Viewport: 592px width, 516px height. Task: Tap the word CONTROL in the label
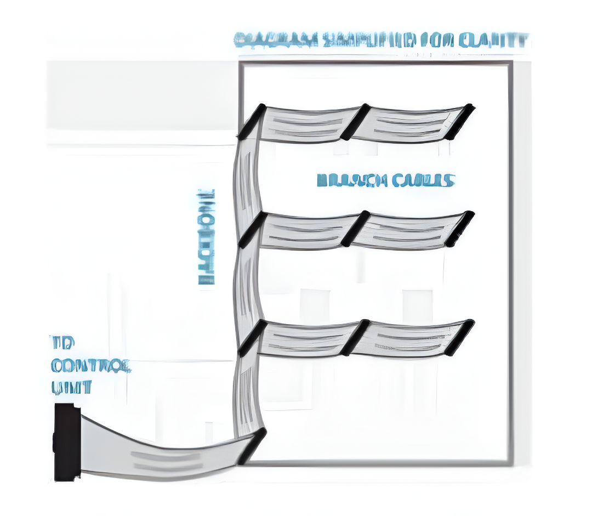coord(91,366)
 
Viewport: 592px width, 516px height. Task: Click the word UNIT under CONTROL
coord(71,388)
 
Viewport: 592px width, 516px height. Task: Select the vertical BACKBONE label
coord(206,237)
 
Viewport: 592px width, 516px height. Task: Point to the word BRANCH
coord(345,180)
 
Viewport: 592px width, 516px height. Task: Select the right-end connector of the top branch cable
coord(460,121)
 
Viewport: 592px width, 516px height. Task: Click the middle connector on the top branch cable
coord(355,121)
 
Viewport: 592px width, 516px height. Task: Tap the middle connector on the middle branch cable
coord(355,229)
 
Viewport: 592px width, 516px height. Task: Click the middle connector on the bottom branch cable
coord(355,337)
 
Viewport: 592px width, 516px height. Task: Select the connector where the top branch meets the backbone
coord(252,121)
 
